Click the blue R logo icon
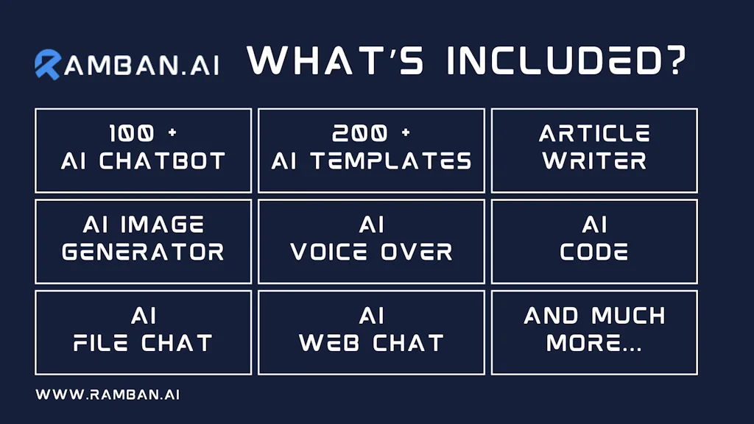(48, 65)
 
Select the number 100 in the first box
(132, 133)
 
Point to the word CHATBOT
(162, 161)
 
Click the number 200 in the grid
(359, 133)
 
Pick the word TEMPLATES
(391, 161)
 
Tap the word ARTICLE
(594, 133)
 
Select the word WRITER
(594, 161)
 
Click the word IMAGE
(162, 225)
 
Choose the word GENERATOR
(144, 252)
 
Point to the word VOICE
(329, 252)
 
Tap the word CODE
(594, 252)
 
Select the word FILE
(101, 343)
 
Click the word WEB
(329, 343)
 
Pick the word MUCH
(629, 316)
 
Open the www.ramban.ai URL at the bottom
(108, 395)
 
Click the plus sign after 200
(406, 132)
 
